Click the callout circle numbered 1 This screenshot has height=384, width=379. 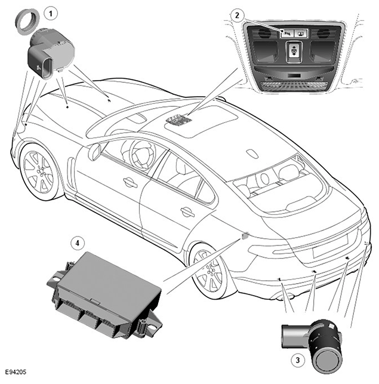pos(51,13)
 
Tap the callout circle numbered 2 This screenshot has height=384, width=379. pos(237,16)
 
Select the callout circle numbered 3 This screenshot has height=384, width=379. pos(298,360)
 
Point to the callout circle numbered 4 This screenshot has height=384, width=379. pos(78,243)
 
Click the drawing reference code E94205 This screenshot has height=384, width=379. pos(16,372)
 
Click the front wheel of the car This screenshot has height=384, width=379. pos(39,171)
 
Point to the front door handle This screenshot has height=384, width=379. pos(130,182)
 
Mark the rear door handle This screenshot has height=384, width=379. pos(187,212)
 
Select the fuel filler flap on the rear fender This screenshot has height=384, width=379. pos(245,235)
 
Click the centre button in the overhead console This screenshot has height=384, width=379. pos(293,49)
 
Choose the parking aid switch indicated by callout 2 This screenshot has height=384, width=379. pos(288,33)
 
